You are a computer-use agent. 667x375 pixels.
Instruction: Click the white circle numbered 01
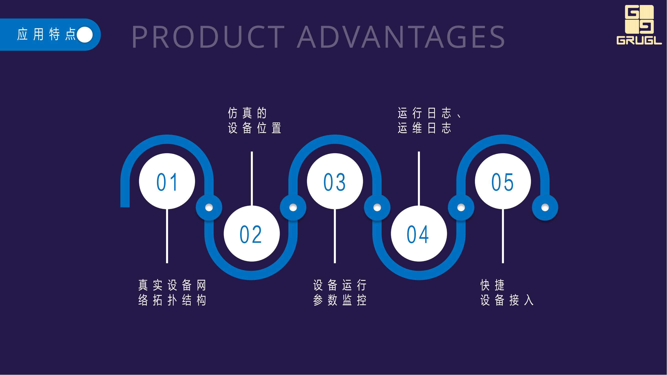(x=167, y=181)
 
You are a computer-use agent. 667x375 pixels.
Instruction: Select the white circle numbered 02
(x=252, y=234)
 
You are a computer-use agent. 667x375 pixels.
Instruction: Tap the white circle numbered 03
(x=335, y=181)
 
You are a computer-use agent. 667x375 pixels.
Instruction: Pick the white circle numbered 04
(x=419, y=234)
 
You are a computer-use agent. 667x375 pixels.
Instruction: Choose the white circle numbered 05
(x=503, y=181)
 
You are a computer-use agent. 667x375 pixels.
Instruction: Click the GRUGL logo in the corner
(x=639, y=25)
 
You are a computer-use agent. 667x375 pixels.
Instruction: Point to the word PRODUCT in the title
(x=209, y=36)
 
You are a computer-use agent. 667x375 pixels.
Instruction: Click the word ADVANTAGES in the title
(x=401, y=36)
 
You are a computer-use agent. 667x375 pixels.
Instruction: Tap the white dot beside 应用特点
(x=85, y=35)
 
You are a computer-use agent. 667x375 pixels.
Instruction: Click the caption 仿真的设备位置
(x=255, y=120)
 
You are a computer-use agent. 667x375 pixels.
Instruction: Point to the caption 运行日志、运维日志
(x=430, y=120)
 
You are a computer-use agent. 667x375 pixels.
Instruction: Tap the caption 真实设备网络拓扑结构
(x=172, y=293)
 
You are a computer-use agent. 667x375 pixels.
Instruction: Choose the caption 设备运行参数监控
(x=340, y=293)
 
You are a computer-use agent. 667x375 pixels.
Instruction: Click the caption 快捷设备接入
(x=507, y=293)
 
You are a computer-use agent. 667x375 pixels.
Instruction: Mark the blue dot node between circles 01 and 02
(x=209, y=207)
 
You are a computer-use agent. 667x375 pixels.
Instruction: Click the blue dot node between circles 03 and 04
(x=377, y=207)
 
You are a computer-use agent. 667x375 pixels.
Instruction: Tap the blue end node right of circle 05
(x=545, y=207)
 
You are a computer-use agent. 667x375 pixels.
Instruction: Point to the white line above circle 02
(x=252, y=178)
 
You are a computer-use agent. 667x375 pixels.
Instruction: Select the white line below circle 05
(x=503, y=236)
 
